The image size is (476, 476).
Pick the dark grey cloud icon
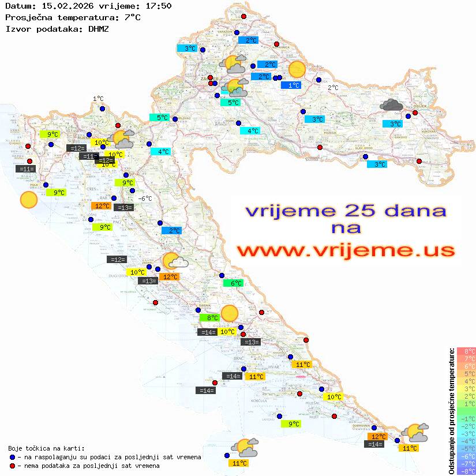(x=392, y=104)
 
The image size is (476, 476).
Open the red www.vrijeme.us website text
(x=346, y=251)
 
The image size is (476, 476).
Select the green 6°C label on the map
(x=234, y=283)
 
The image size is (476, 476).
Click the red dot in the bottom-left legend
(x=12, y=466)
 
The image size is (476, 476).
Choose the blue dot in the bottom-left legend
(x=12, y=457)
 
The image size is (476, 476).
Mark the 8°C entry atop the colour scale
(x=466, y=351)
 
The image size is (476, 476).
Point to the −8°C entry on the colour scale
(x=466, y=471)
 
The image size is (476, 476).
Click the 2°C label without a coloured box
(x=333, y=88)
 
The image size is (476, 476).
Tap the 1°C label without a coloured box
(x=98, y=99)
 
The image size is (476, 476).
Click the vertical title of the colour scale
(x=452, y=411)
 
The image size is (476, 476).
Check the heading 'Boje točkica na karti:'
(x=46, y=448)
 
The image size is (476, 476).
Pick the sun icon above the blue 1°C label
(x=297, y=69)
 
